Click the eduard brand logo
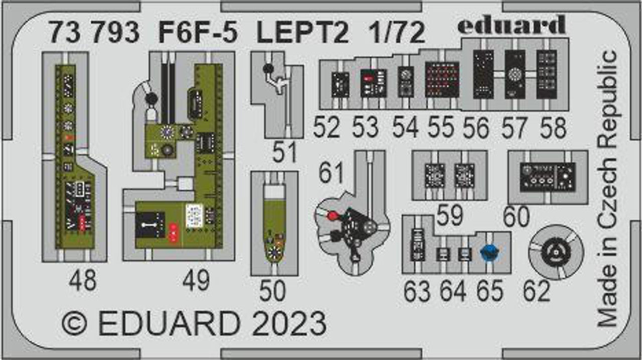512,25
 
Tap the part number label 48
83,281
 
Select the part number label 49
196,281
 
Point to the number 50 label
273,291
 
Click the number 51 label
285,152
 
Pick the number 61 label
332,173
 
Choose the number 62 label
536,291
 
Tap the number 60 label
517,217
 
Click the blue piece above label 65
488,253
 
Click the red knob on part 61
332,216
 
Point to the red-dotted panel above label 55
442,80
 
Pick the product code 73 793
93,34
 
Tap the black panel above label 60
547,176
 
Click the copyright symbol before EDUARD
74,324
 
